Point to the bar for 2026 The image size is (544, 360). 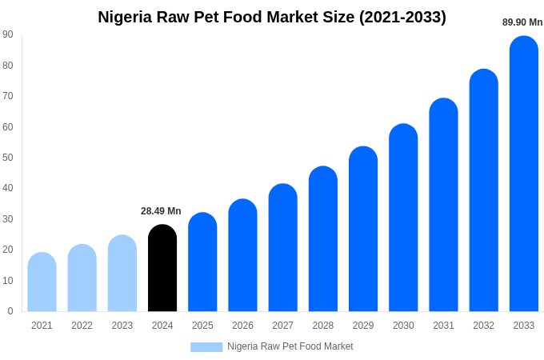(x=242, y=255)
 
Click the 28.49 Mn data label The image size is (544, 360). (x=161, y=211)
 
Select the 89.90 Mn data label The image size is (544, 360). (x=522, y=22)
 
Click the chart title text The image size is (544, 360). (x=272, y=17)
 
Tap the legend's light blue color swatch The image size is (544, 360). (x=206, y=346)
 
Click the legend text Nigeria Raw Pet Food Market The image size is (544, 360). (x=290, y=346)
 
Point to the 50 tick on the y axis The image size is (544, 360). (x=8, y=158)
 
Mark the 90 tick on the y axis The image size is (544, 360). (x=8, y=34)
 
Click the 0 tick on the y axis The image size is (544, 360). (x=10, y=311)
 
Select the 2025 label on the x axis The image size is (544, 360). (x=202, y=326)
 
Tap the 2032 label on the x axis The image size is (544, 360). (x=483, y=326)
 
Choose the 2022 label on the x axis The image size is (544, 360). (x=82, y=326)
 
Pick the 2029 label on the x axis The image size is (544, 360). (x=363, y=326)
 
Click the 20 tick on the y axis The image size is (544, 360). (x=8, y=250)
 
